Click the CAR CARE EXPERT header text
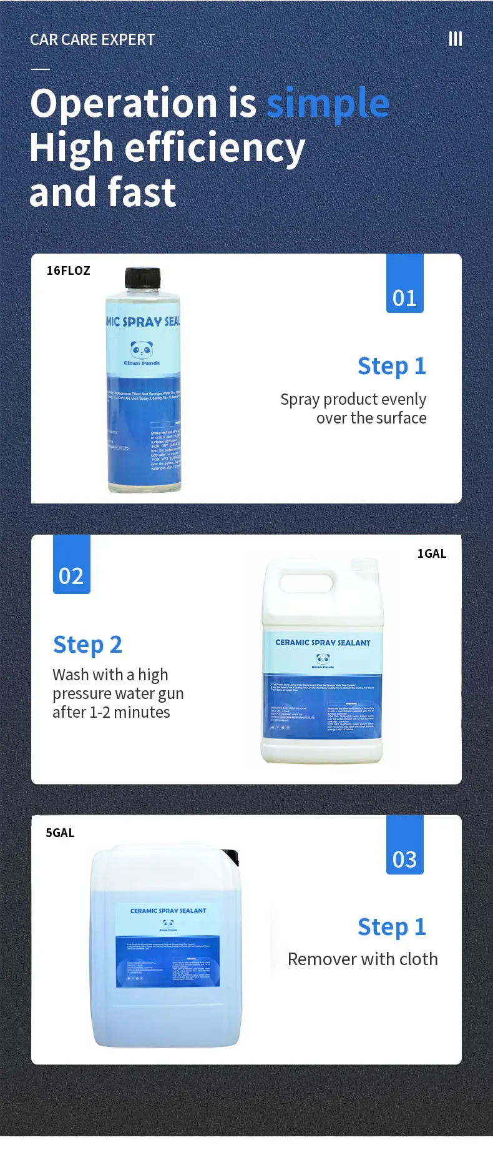point(92,39)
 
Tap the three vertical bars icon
point(456,39)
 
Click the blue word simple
point(328,104)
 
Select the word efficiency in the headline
point(215,149)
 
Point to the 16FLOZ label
point(69,270)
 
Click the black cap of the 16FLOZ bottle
point(143,278)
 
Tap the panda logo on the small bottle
point(142,349)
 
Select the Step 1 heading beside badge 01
point(392,366)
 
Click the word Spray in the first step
point(300,400)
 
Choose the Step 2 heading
point(87,645)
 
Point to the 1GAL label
point(432,553)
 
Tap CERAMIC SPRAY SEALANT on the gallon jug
point(323,643)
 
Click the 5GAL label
point(60,833)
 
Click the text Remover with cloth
point(363,959)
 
